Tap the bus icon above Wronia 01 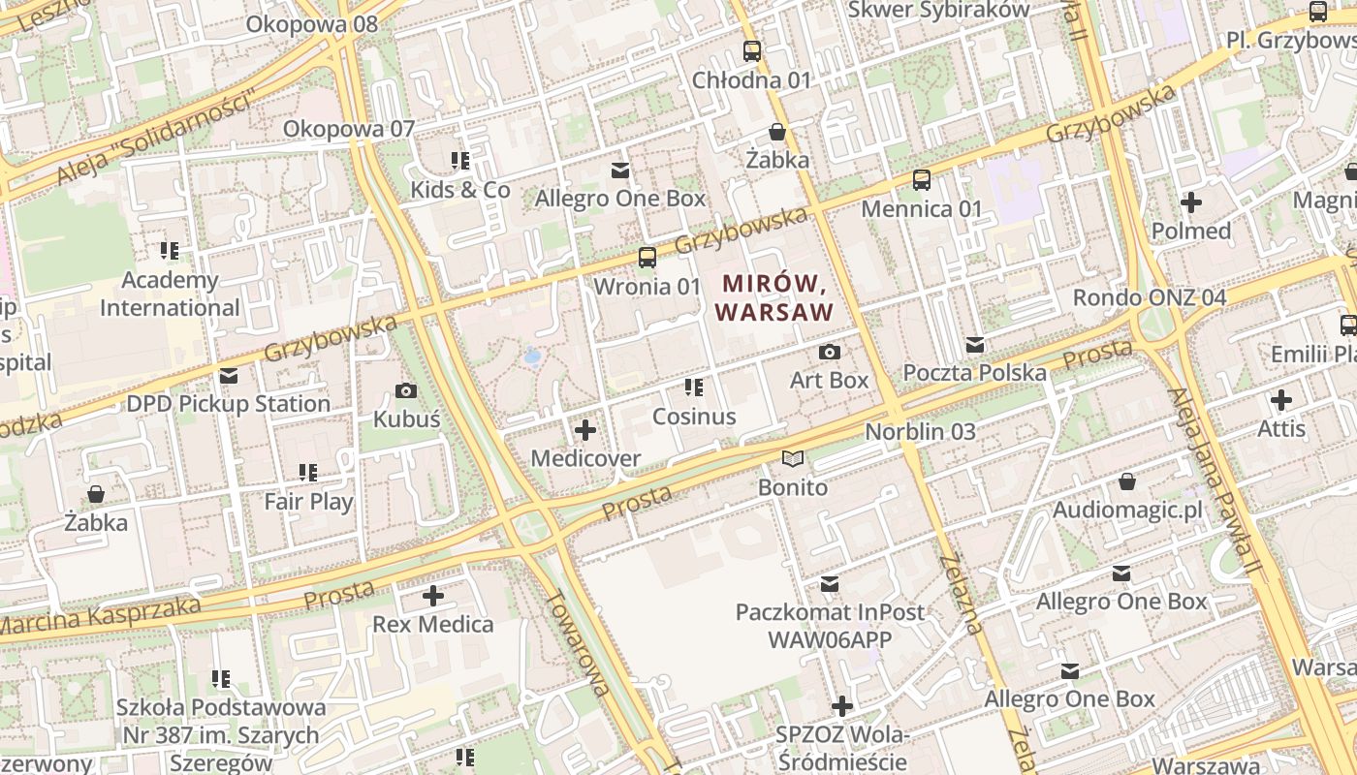647,258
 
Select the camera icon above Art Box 830,352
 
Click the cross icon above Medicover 585,429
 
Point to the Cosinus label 694,417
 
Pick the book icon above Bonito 793,458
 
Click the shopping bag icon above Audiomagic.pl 1127,481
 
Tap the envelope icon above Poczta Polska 975,345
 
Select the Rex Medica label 433,624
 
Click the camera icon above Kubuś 406,391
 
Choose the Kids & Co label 460,189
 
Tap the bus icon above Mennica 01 921,180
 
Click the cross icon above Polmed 1191,202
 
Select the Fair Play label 308,502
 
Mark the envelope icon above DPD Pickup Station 229,376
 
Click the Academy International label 170,294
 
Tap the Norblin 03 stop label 920,431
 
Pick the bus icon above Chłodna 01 751,51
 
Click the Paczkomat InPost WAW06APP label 830,626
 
